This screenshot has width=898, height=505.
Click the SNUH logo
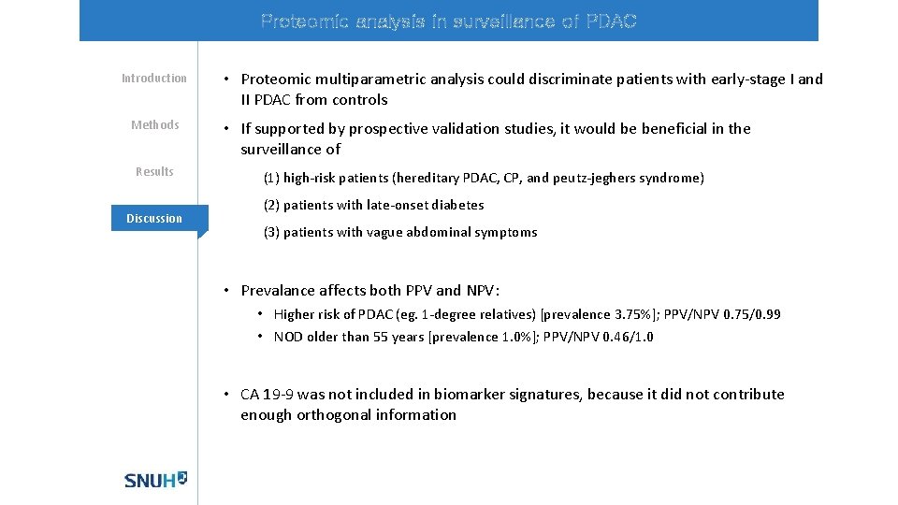(155, 480)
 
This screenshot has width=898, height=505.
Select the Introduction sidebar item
(154, 79)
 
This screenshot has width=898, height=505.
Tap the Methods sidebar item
(154, 125)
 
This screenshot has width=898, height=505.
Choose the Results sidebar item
(154, 172)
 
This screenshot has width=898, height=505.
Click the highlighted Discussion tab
(154, 219)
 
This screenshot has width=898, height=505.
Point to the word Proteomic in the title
(298, 22)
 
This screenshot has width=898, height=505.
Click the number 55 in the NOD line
(387, 338)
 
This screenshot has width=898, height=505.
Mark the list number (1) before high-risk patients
(271, 179)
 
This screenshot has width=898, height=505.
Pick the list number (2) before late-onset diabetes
(271, 206)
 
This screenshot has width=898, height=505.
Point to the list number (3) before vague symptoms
(271, 233)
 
